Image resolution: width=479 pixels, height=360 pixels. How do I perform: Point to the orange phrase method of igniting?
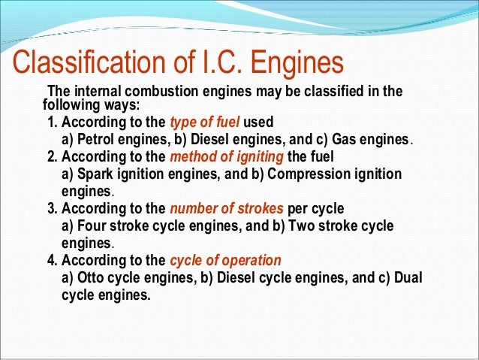point(227,157)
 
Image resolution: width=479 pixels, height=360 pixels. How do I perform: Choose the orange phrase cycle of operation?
point(225,261)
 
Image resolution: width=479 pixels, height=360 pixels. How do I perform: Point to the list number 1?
point(50,122)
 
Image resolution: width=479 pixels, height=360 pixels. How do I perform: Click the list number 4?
point(50,261)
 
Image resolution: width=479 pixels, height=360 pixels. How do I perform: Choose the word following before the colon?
point(69,105)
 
